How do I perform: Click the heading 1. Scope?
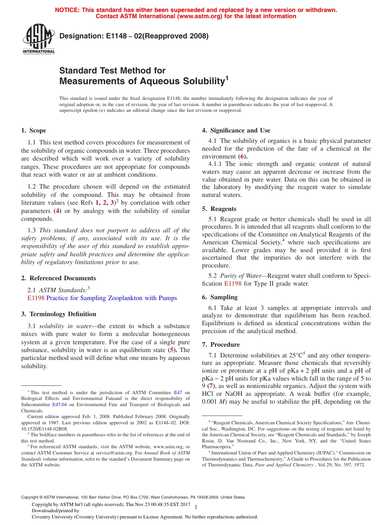(x=33, y=131)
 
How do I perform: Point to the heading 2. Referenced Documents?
(x=58, y=278)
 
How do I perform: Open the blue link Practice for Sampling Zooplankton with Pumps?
(x=111, y=298)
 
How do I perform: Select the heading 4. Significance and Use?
(x=236, y=131)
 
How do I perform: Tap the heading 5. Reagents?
(x=219, y=209)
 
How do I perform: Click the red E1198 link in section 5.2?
(x=233, y=284)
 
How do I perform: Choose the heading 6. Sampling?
(x=220, y=297)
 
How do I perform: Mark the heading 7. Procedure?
(x=221, y=345)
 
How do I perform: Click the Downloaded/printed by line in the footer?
(x=55, y=511)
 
